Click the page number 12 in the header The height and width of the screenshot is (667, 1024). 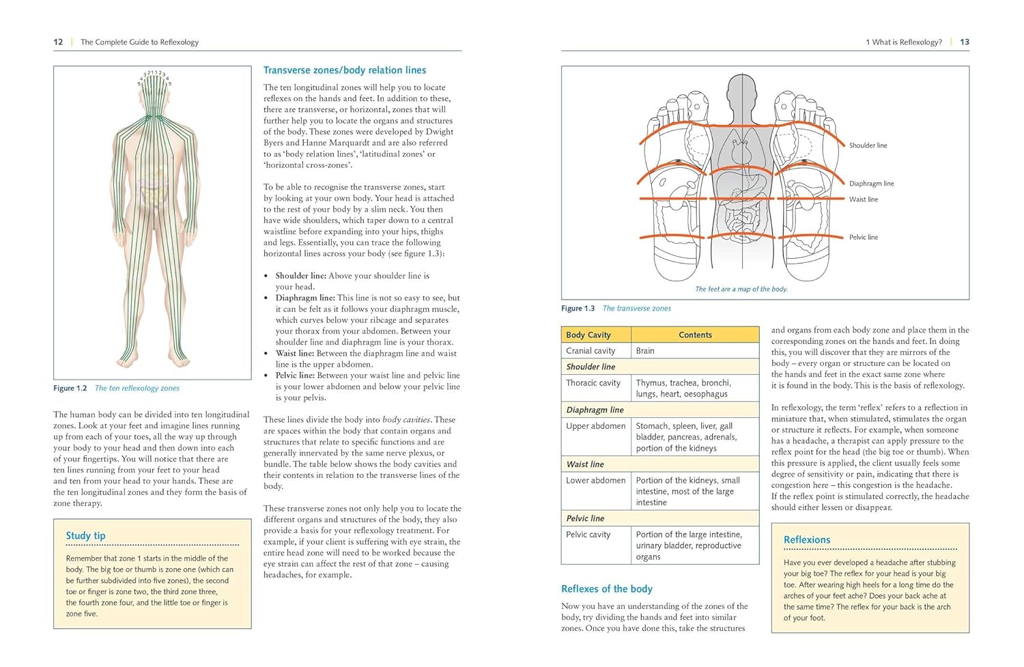pyautogui.click(x=58, y=42)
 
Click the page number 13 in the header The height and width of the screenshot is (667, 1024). pyautogui.click(x=964, y=42)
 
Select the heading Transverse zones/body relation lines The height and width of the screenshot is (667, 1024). pyautogui.click(x=345, y=70)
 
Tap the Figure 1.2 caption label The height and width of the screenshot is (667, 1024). pyautogui.click(x=70, y=388)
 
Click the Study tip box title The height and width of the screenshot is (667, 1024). pyautogui.click(x=85, y=536)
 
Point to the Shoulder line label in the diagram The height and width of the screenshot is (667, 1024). pyautogui.click(x=868, y=145)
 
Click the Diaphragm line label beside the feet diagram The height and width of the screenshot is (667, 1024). pyautogui.click(x=871, y=184)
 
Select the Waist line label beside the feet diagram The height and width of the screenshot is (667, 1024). pyautogui.click(x=864, y=199)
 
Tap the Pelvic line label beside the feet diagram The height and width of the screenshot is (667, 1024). pyautogui.click(x=864, y=238)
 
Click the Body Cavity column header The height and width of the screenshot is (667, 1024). pyautogui.click(x=588, y=335)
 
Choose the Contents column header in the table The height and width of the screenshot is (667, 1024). pyautogui.click(x=695, y=335)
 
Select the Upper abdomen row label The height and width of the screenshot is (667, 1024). pyautogui.click(x=595, y=426)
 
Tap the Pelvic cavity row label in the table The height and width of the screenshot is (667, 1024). pyautogui.click(x=588, y=535)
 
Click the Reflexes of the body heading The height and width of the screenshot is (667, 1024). pyautogui.click(x=607, y=589)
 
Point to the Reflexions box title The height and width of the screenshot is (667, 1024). pyautogui.click(x=807, y=540)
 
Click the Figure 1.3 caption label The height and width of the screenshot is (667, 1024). pyautogui.click(x=578, y=309)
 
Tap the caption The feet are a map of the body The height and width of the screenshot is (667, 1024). pyautogui.click(x=741, y=289)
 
